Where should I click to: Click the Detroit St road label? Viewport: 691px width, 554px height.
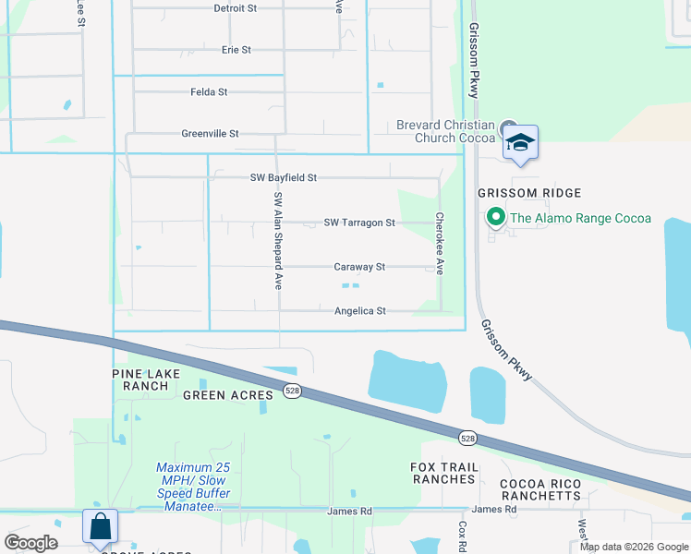click(235, 8)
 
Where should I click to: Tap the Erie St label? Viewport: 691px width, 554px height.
click(236, 50)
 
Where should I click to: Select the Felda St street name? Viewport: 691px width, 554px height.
click(209, 92)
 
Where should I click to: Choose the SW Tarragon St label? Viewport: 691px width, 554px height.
click(359, 223)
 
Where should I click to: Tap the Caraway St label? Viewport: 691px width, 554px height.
click(359, 267)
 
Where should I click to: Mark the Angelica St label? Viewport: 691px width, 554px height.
click(360, 311)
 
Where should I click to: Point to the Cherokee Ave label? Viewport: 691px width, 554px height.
click(440, 245)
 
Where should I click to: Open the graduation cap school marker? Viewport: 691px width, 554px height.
click(520, 143)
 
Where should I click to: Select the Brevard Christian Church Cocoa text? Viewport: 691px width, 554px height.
click(445, 131)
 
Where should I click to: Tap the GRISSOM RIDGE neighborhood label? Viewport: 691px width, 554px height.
click(529, 193)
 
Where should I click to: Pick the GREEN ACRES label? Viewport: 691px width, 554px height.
click(228, 395)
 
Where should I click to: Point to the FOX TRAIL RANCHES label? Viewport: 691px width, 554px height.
click(444, 473)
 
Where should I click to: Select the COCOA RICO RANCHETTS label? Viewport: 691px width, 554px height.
click(540, 489)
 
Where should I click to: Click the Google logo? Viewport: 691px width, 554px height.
click(31, 543)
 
